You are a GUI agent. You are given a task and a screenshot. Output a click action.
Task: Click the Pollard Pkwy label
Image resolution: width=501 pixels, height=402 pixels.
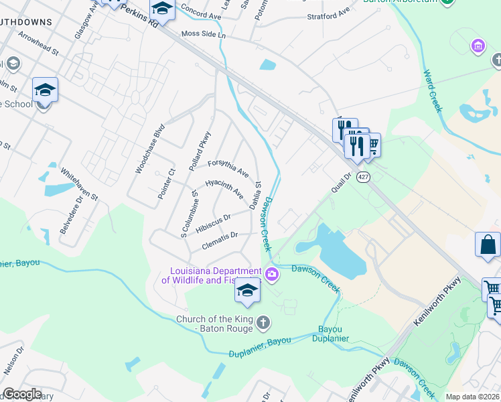click(200, 150)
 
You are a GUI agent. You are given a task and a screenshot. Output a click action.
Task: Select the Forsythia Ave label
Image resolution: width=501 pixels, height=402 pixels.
click(228, 167)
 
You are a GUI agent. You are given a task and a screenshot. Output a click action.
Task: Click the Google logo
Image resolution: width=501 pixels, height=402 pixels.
click(21, 394)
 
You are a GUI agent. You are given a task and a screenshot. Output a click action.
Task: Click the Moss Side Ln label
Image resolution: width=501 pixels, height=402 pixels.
click(201, 34)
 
